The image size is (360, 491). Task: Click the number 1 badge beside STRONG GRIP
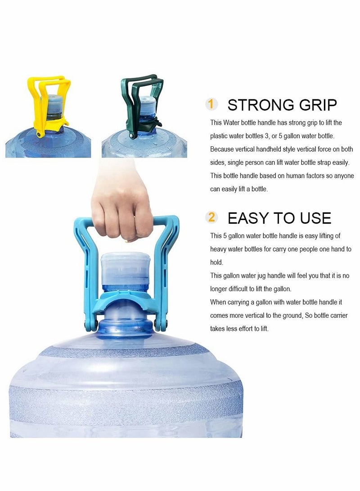(211, 104)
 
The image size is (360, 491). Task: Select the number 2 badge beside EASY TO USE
(211, 217)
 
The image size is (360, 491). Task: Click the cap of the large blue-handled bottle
(124, 270)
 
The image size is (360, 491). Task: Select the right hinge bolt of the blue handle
(161, 325)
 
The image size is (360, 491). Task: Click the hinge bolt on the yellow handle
(40, 135)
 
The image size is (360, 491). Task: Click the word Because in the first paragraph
(222, 149)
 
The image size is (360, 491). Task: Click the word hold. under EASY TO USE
(216, 262)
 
